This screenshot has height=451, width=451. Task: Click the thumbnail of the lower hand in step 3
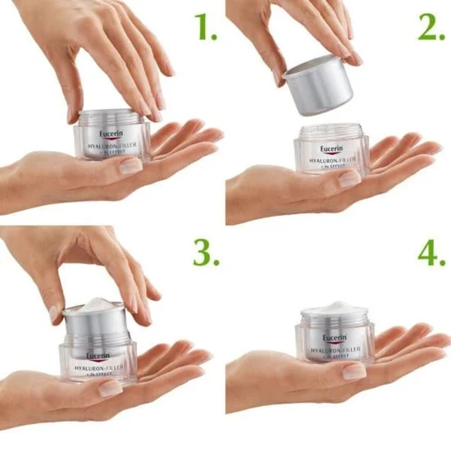pyautogui.click(x=110, y=389)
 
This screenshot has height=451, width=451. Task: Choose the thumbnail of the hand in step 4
pyautogui.click(x=353, y=371)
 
